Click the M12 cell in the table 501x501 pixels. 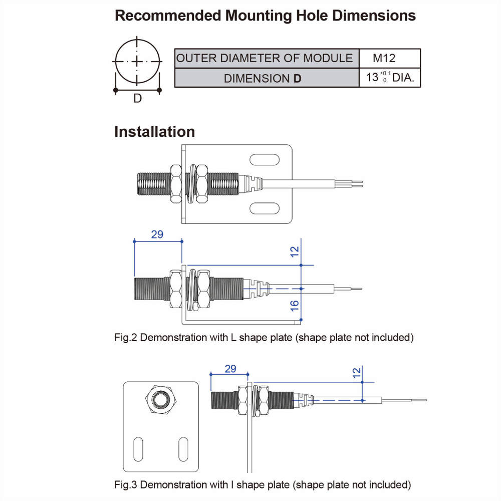coord(384,58)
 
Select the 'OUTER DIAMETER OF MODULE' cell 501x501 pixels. coord(265,58)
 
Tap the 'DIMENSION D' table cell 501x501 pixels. coord(263,78)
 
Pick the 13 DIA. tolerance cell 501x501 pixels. coord(390,78)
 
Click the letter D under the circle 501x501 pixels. coord(137,99)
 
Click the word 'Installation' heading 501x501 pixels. coord(154,132)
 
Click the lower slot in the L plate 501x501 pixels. coord(265,208)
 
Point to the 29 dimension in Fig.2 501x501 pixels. coord(157,234)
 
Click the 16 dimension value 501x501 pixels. coord(295,304)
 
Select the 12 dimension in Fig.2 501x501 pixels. coord(295,250)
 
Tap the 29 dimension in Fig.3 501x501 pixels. coord(230,369)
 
